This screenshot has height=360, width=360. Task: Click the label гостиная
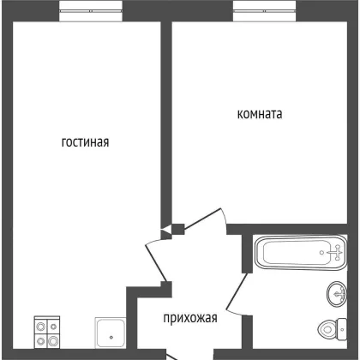click(85, 142)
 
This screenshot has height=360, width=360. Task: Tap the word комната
click(260, 114)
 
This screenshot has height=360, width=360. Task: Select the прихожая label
click(190, 318)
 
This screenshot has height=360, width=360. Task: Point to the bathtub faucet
click(336, 253)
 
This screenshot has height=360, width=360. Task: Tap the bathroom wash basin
click(337, 294)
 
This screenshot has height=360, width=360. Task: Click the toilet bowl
click(327, 330)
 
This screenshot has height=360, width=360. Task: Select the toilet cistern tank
click(342, 330)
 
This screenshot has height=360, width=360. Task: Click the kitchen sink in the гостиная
click(111, 333)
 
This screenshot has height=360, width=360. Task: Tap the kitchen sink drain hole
click(111, 338)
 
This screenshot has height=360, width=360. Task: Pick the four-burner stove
click(47, 332)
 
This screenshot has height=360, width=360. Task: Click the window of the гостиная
click(91, 11)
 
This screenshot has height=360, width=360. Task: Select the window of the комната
click(265, 11)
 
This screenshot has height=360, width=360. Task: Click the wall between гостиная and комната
click(166, 123)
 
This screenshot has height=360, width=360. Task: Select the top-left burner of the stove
click(41, 327)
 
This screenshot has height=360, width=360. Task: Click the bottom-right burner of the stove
click(53, 341)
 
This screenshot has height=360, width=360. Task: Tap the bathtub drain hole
click(322, 253)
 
